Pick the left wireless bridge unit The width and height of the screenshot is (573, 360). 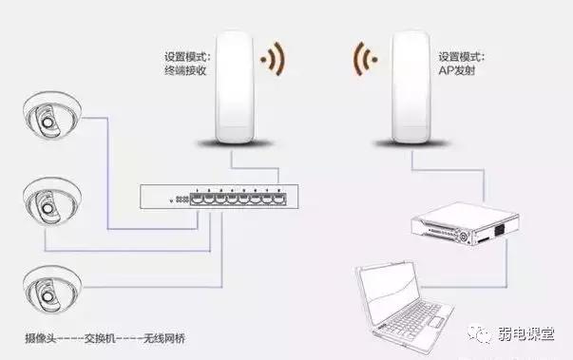[234, 87]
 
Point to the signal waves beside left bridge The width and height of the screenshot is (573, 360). [273, 59]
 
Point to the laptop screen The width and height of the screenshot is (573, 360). [390, 289]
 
